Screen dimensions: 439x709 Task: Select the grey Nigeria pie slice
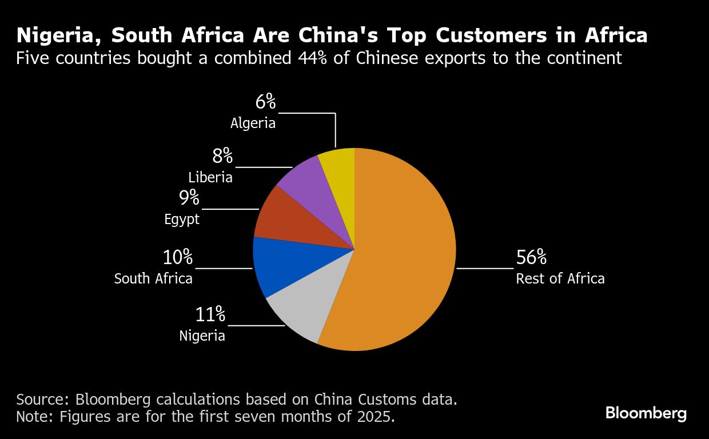(303, 309)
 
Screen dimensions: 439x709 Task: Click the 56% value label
(531, 258)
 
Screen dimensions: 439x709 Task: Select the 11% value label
(210, 314)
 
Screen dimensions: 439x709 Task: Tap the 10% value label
(178, 258)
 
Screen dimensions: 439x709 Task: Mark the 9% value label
(189, 198)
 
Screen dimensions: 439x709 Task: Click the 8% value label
(222, 156)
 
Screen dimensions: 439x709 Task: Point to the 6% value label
(265, 102)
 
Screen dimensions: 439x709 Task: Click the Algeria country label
(253, 123)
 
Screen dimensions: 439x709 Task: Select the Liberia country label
(210, 177)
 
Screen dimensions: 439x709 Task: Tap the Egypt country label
(182, 219)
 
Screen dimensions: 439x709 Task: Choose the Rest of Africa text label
(560, 278)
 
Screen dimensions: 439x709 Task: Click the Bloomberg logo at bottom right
(646, 413)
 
